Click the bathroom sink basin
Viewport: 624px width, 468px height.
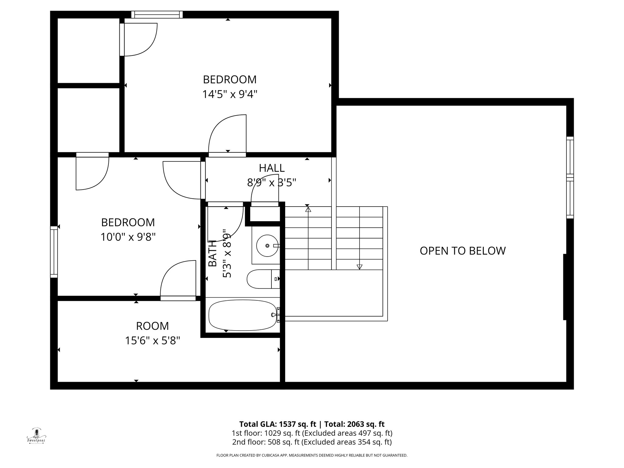(x=267, y=246)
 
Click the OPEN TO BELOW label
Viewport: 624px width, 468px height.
(x=463, y=251)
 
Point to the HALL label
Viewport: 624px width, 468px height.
(x=272, y=168)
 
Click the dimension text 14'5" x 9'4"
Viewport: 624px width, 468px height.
(x=230, y=94)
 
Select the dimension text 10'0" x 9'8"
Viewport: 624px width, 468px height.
(x=128, y=237)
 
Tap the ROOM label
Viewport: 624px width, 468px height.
(x=152, y=326)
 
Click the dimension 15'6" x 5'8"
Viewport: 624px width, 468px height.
(x=152, y=340)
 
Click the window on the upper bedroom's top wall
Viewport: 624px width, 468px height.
(x=157, y=15)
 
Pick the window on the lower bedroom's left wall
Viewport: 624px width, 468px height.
(x=54, y=252)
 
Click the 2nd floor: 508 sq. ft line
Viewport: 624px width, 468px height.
(x=311, y=442)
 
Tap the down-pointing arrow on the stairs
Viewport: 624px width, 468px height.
(x=360, y=267)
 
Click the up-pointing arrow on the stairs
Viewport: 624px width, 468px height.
(x=308, y=209)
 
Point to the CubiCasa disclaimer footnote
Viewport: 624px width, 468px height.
(x=312, y=456)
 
